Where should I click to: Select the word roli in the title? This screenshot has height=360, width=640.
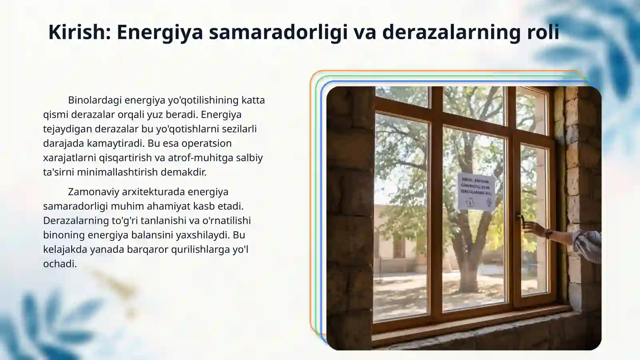pyautogui.click(x=543, y=32)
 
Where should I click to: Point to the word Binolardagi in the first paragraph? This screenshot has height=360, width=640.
pyautogui.click(x=94, y=100)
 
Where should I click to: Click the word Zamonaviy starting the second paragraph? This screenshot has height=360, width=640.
pyautogui.click(x=94, y=192)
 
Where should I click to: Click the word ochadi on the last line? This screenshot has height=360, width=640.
pyautogui.click(x=60, y=264)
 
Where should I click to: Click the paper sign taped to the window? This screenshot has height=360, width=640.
pyautogui.click(x=476, y=192)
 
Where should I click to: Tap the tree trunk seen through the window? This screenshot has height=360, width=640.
pyautogui.click(x=472, y=256)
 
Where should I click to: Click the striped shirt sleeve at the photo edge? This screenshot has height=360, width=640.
pyautogui.click(x=587, y=244)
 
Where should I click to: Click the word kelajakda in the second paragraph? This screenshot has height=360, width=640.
pyautogui.click(x=65, y=249)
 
